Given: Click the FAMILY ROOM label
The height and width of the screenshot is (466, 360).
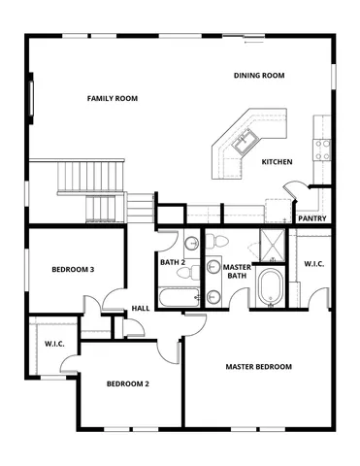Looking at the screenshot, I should tap(112, 98).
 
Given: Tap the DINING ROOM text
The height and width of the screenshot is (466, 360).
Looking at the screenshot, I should tap(259, 76).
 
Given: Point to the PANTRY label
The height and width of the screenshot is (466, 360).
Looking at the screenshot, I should tap(311, 218).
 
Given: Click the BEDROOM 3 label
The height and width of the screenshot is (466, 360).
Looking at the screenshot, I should tap(73, 269).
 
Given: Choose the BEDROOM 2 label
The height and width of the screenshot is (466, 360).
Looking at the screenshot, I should tap(127, 383).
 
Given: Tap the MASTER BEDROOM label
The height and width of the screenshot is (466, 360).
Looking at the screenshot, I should tap(258, 366).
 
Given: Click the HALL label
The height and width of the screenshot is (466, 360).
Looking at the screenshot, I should tap(141, 310).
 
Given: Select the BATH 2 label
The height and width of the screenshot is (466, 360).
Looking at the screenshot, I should tap(173, 262).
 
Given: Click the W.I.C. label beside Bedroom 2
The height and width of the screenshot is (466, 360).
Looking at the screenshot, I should tap(54, 344).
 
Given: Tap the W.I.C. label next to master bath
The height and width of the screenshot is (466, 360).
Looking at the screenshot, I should tap(313, 264).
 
